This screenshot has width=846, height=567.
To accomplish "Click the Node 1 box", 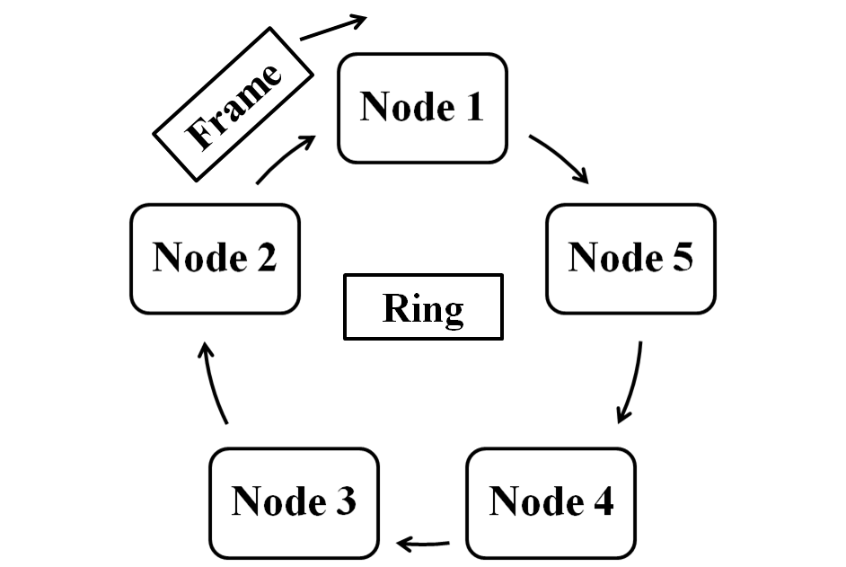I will (x=422, y=108).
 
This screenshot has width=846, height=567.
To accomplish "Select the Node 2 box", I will (x=215, y=259).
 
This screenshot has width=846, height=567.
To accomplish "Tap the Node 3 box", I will (x=294, y=502).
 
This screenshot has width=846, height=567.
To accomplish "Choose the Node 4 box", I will (x=551, y=502).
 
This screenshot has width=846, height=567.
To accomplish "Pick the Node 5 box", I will (x=630, y=259).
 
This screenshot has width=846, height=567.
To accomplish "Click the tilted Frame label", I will (x=234, y=104).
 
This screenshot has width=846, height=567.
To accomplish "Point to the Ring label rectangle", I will (x=423, y=306).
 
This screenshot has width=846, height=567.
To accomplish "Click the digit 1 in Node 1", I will (x=472, y=107).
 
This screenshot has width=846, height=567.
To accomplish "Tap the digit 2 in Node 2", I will (x=265, y=258).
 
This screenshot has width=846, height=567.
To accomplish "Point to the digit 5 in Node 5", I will (x=682, y=258).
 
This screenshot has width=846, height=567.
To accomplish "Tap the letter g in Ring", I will (x=453, y=313).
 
